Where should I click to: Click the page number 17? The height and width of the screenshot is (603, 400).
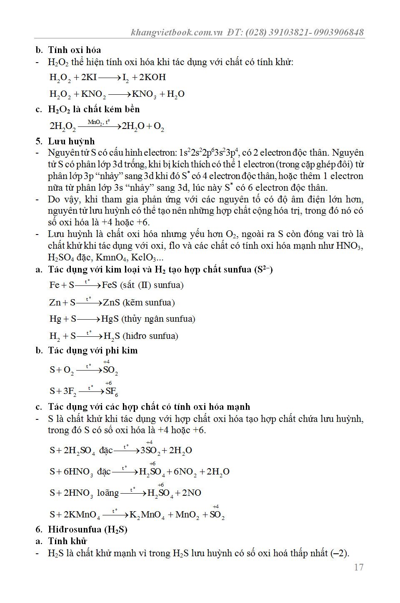(359, 567)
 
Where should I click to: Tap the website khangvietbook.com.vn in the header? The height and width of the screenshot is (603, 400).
(177, 32)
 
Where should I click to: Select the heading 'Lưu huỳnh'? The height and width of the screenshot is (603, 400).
(71, 141)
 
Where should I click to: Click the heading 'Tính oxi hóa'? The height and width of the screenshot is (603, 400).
(74, 50)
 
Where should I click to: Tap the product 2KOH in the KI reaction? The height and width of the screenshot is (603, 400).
(152, 77)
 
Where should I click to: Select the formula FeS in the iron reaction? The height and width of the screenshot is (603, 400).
(110, 285)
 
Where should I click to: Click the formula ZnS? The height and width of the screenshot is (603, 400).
(111, 303)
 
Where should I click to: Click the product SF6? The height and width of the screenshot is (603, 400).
(112, 391)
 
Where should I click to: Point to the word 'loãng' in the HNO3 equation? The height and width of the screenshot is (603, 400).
(108, 493)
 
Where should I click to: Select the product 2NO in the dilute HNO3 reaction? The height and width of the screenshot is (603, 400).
(192, 493)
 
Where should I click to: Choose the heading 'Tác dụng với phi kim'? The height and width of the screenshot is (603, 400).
(92, 351)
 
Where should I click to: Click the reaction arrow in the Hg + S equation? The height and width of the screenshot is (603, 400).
(89, 319)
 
